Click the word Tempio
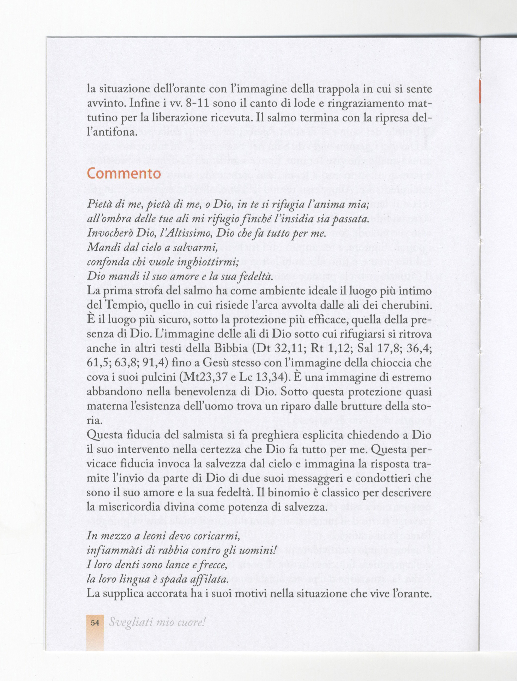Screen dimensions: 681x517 [x=120, y=306]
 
